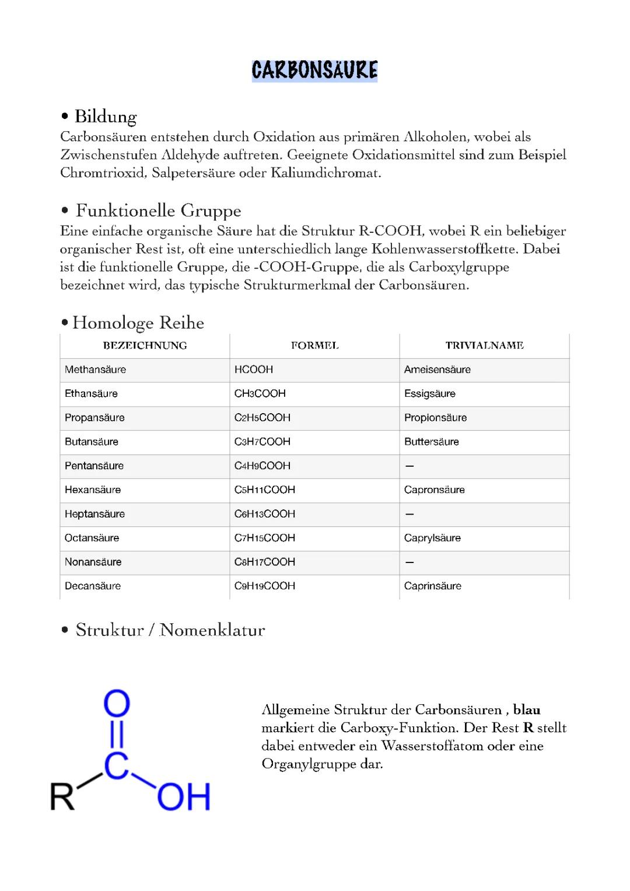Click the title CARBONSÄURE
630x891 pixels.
[x=314, y=71]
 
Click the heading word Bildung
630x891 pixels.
[x=105, y=117]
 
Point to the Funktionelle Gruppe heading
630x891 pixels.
[x=158, y=211]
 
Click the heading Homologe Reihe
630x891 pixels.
[x=138, y=323]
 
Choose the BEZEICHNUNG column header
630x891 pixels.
[x=145, y=345]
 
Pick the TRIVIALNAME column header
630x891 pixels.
[x=484, y=345]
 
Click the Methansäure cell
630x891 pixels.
[x=95, y=369]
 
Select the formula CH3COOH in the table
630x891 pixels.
[x=260, y=393]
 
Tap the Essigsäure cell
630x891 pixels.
[x=429, y=393]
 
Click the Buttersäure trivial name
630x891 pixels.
[x=431, y=442]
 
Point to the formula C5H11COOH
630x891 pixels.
[x=264, y=490]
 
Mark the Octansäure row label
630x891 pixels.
[x=92, y=537]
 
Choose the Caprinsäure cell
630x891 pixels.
[x=432, y=586]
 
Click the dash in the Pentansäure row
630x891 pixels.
[x=409, y=466]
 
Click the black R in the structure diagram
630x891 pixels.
[x=62, y=796]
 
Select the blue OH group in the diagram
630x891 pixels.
[x=183, y=797]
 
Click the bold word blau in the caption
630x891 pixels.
[x=526, y=710]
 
